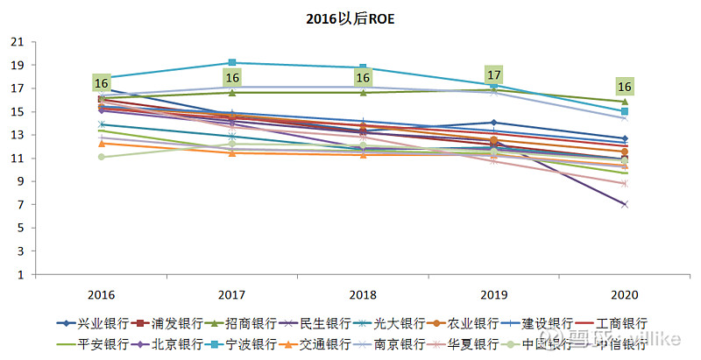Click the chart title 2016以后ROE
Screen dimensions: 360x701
point(350,17)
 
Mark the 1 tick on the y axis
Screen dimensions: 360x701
point(20,275)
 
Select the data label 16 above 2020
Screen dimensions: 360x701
point(625,87)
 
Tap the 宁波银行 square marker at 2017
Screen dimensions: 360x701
point(232,62)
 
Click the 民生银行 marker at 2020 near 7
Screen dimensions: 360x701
point(625,204)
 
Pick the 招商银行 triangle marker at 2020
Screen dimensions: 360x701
point(625,102)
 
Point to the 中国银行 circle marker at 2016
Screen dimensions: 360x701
point(102,157)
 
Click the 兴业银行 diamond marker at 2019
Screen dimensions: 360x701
point(494,123)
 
